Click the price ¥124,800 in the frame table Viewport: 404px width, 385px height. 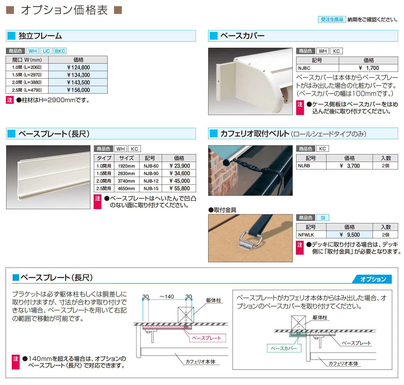(x=78, y=67)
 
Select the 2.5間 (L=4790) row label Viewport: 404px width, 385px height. (x=27, y=90)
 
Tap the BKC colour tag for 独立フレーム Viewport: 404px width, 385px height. (x=60, y=51)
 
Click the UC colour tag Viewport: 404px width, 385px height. (x=46, y=51)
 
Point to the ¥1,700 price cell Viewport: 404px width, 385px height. (x=369, y=68)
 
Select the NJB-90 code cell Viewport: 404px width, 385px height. (x=151, y=173)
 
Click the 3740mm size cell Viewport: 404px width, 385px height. (x=126, y=181)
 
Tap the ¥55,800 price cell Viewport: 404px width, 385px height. (x=179, y=188)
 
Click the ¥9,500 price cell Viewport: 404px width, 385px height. (x=350, y=235)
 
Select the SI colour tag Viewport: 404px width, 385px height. (x=323, y=218)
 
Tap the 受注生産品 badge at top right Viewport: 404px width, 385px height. (x=332, y=20)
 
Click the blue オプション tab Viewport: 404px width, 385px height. (x=373, y=279)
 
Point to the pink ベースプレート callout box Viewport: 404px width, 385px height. (x=207, y=338)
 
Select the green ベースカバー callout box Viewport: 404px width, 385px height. (x=284, y=348)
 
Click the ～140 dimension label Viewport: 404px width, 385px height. (x=167, y=297)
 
